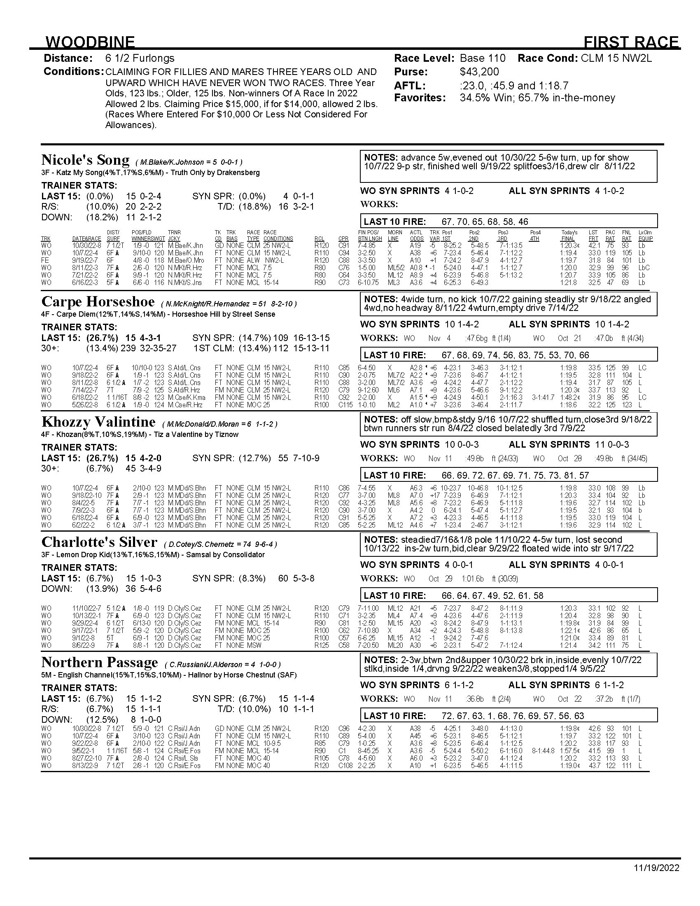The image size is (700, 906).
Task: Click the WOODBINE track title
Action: point(90,42)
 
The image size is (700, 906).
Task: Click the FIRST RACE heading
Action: point(631,42)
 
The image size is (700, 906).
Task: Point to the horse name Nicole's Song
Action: point(85,160)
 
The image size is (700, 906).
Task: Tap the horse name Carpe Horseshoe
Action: point(98,301)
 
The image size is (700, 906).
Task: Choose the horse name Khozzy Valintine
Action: point(98,422)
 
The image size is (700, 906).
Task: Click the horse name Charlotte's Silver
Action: point(99,542)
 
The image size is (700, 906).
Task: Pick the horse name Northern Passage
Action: point(100,663)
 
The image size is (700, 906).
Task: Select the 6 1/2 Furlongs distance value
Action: point(140,58)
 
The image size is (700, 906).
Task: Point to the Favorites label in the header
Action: point(420,98)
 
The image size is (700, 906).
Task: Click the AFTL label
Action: point(410,86)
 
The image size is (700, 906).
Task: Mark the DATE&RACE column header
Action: point(86,239)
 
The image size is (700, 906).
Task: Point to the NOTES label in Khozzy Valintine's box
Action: point(381,419)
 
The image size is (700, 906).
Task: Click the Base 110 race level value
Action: point(483,58)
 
